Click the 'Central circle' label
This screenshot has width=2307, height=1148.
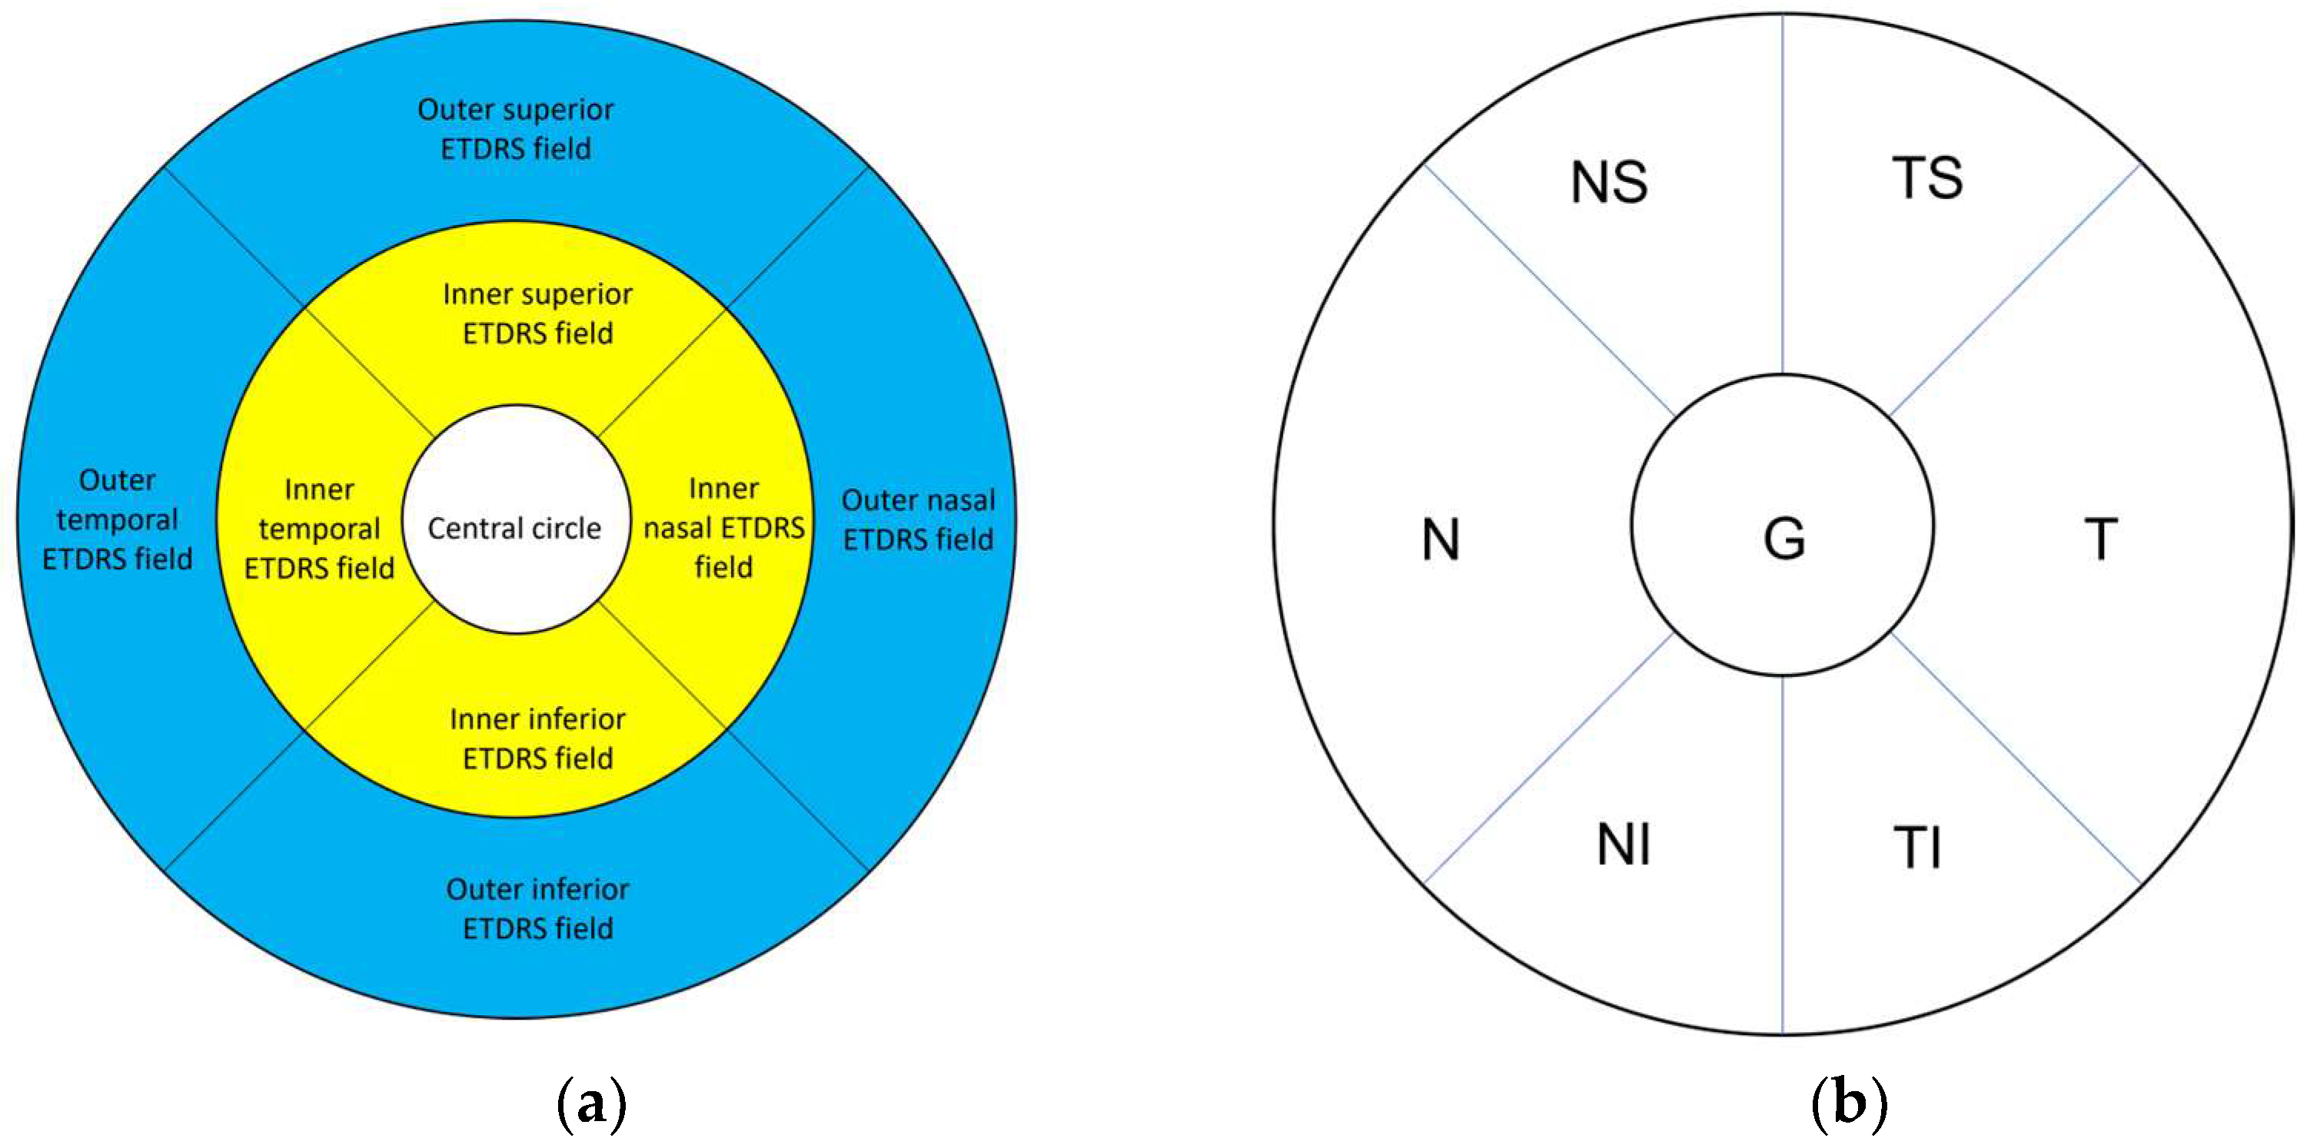(x=514, y=529)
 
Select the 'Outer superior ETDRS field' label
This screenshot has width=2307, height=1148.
(x=516, y=129)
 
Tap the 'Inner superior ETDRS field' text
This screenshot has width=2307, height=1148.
(x=537, y=314)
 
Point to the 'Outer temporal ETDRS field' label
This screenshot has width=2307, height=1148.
(x=118, y=519)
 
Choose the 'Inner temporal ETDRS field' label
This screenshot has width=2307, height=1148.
(x=319, y=529)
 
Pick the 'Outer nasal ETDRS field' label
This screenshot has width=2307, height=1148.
(x=918, y=519)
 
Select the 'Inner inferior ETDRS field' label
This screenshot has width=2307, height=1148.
(x=537, y=738)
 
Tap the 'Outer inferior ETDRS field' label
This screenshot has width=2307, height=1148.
(x=537, y=909)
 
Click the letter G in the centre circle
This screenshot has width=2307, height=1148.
(x=1784, y=539)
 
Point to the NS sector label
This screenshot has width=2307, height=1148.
(x=1609, y=182)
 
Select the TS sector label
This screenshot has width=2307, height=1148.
(x=1927, y=178)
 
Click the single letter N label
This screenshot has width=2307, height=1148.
(x=1441, y=540)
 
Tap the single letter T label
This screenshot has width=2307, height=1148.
(x=2101, y=539)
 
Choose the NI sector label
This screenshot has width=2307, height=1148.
(x=1624, y=844)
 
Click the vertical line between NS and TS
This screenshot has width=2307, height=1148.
(x=1782, y=197)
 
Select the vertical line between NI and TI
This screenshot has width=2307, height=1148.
(x=1782, y=851)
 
